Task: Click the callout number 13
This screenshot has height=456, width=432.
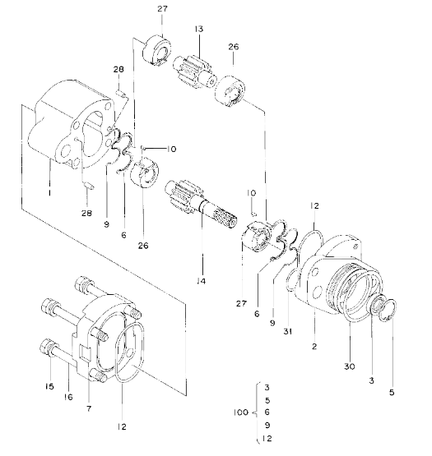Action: click(199, 29)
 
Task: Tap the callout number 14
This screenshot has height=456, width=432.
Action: click(201, 281)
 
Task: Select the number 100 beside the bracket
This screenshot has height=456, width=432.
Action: click(241, 412)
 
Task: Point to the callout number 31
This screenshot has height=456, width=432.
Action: click(288, 331)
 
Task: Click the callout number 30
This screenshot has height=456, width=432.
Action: click(350, 366)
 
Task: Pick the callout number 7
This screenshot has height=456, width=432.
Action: click(89, 408)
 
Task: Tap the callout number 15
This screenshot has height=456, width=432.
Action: click(49, 386)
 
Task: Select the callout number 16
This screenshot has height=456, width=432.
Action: click(68, 397)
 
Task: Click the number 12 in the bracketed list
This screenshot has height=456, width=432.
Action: click(267, 438)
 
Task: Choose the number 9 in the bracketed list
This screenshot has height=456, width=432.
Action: click(267, 425)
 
